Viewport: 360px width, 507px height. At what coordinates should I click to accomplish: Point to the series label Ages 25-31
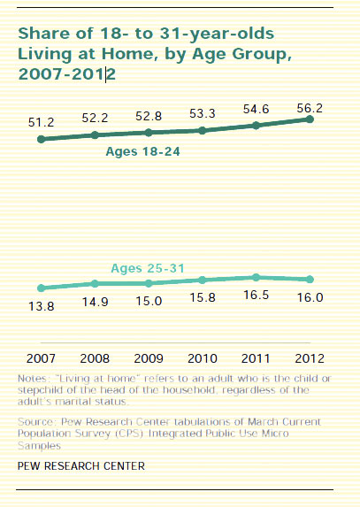(x=148, y=267)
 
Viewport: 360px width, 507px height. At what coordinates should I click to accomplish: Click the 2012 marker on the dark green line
(x=310, y=119)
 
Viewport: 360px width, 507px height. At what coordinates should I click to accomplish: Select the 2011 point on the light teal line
(x=256, y=277)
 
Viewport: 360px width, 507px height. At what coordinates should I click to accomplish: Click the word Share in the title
(x=42, y=34)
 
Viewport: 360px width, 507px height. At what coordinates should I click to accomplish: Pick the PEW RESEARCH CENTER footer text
(x=81, y=465)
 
